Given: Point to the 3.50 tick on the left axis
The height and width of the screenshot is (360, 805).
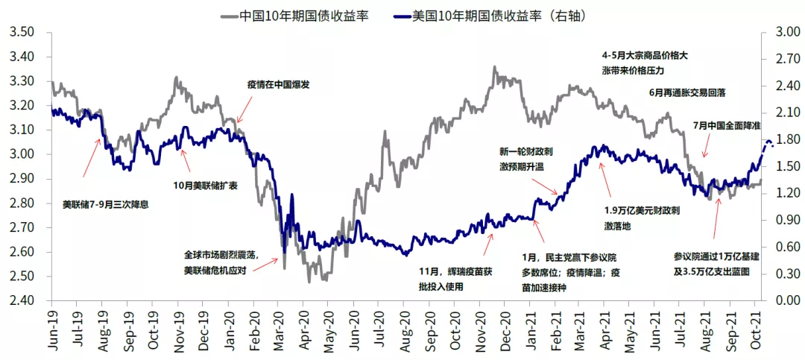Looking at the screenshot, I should pos(22,33).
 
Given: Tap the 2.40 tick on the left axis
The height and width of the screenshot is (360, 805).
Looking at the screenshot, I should pos(22,300).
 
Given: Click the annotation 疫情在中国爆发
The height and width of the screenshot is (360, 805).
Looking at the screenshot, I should pos(278,85).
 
